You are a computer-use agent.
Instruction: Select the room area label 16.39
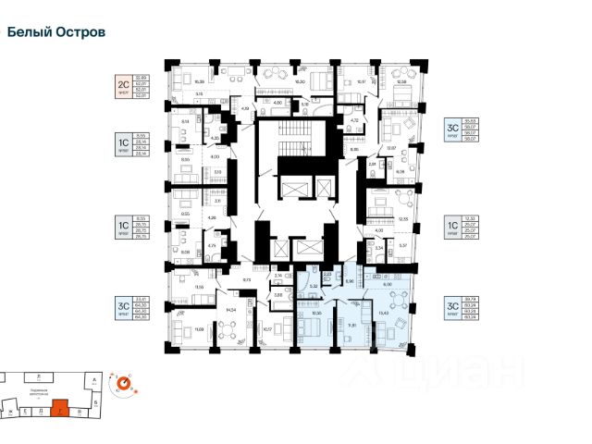(x=188, y=82)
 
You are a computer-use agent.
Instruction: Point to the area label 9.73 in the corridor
(x=248, y=279)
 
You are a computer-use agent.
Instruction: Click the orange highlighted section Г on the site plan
(x=61, y=404)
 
